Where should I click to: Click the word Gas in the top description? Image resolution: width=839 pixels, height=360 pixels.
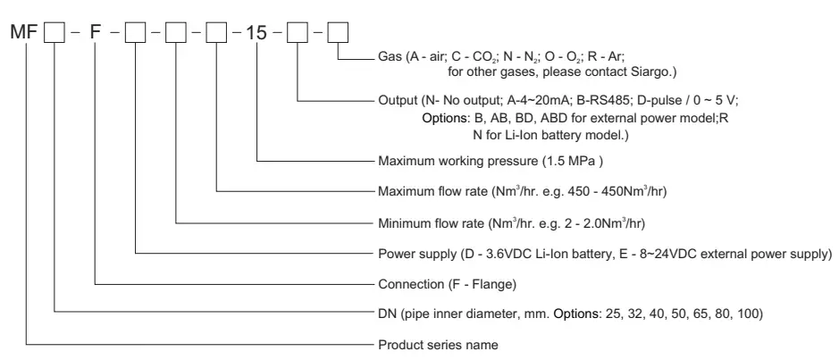389,54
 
